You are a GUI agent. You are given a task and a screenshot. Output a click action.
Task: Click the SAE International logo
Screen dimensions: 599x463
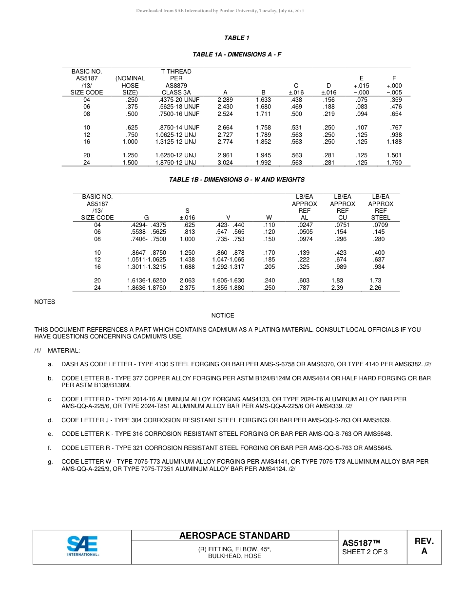[83, 546]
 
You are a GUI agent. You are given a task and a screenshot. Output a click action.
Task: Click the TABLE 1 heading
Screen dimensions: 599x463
[237, 38]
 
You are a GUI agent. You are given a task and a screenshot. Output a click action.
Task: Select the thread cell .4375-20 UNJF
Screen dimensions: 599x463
[176, 100]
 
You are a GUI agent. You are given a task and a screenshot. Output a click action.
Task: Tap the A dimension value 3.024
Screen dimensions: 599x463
[225, 163]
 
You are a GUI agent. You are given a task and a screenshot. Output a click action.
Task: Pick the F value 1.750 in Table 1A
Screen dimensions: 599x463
[394, 163]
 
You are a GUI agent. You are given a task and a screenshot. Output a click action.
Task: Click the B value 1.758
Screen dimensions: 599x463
[263, 128]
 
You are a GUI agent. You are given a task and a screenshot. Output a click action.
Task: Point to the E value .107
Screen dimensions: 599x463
[361, 128]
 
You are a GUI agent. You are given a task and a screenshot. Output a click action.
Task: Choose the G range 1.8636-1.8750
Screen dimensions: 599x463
[146, 288]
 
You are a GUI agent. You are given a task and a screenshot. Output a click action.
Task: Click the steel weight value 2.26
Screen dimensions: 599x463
[375, 288]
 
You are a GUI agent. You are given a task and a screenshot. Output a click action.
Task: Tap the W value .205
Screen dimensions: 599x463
[269, 267]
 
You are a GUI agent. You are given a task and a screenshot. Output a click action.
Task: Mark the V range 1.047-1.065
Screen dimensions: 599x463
[228, 260]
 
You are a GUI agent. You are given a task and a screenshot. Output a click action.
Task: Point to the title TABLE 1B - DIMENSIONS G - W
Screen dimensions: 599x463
[237, 180]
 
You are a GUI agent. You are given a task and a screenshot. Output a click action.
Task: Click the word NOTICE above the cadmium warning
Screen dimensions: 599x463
[223, 316]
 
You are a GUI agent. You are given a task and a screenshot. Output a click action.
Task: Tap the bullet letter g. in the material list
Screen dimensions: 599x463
[50, 462]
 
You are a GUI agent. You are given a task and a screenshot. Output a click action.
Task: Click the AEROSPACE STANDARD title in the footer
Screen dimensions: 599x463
[234, 536]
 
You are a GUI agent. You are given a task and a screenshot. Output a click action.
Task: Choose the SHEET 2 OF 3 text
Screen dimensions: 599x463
[365, 552]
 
